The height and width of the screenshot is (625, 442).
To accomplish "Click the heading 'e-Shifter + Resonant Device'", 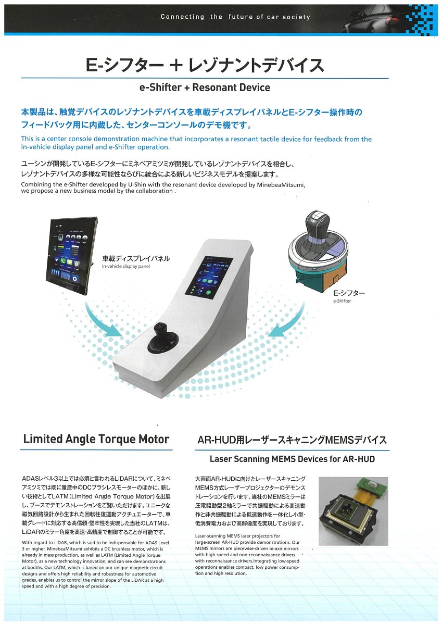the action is pos(205,87).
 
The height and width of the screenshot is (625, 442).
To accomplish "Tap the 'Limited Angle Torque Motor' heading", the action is pos(96,439).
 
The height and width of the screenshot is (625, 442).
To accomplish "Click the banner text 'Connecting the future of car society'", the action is pos(235,17).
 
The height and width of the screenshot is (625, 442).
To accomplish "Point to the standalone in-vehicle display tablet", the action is pos(72,256).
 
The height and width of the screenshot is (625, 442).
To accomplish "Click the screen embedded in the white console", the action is pos(209,279).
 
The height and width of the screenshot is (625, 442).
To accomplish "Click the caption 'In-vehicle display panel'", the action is pos(126,267).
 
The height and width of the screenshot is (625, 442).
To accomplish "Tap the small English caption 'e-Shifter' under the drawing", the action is pos(342,301).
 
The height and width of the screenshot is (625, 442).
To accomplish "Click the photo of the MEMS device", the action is pos(353,511).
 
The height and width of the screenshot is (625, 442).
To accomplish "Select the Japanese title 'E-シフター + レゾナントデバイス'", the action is pos(205,65).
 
